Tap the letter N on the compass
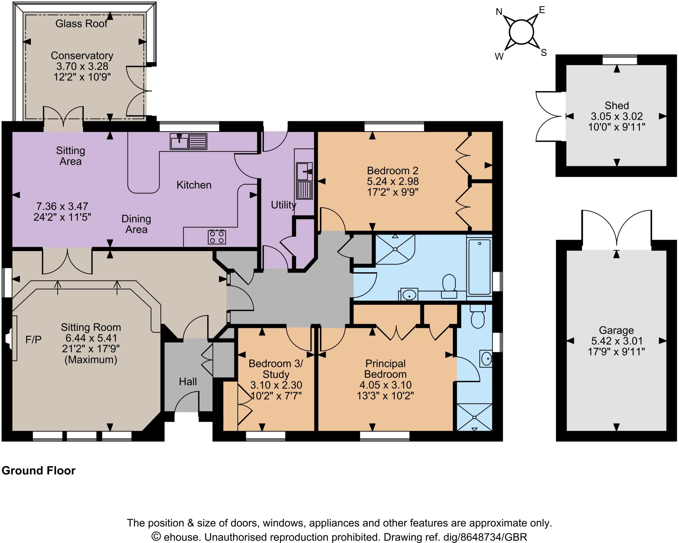pyautogui.click(x=499, y=12)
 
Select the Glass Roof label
pyautogui.click(x=82, y=24)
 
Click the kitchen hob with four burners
pyautogui.click(x=217, y=237)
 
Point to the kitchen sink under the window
pyautogui.click(x=188, y=141)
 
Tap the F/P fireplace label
pyautogui.click(x=33, y=339)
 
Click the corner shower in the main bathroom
pyautogui.click(x=395, y=249)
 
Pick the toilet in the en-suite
pyautogui.click(x=478, y=317)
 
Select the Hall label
pyautogui.click(x=188, y=382)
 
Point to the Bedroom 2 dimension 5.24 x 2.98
pyautogui.click(x=393, y=181)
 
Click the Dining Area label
pyautogui.click(x=136, y=224)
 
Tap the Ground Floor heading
pyautogui.click(x=39, y=470)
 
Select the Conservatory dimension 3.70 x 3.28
pyautogui.click(x=82, y=66)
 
